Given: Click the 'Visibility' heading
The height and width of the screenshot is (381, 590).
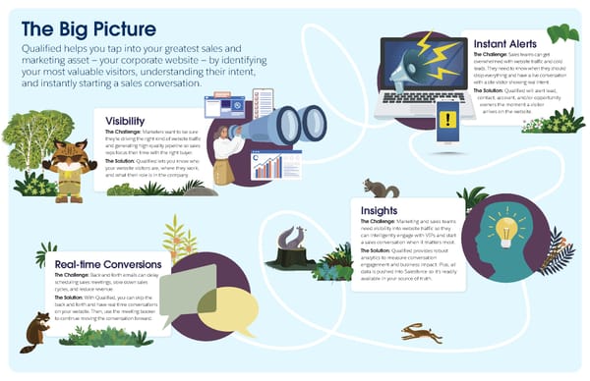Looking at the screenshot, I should coord(125,121).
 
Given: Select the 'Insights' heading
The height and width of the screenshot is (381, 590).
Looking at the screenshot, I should coord(379,209).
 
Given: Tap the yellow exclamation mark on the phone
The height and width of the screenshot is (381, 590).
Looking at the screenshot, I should coord(447,119).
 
